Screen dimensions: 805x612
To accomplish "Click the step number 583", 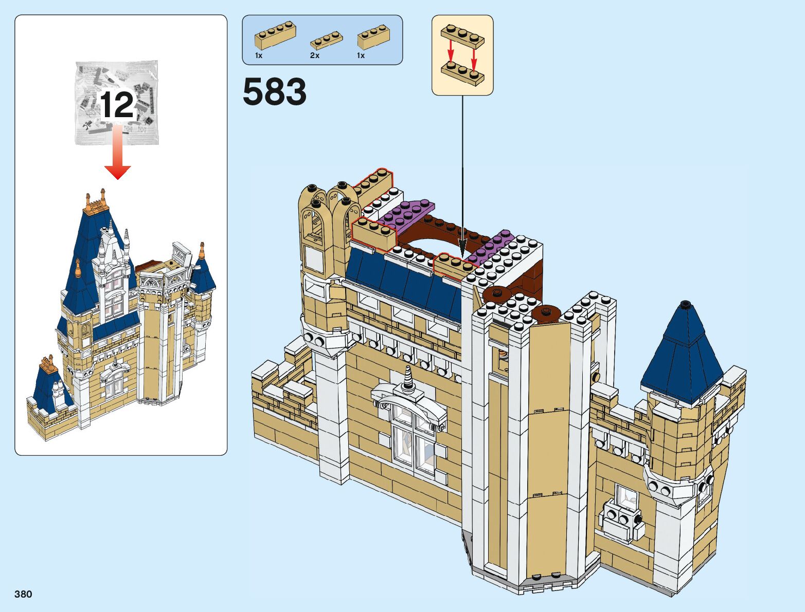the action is coord(275,92).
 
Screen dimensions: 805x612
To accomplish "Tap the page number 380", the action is coord(24,594).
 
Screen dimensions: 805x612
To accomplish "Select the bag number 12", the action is coord(117,105).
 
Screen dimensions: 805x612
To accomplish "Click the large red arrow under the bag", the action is coord(118,154).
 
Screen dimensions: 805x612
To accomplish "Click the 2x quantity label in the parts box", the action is coord(315,55).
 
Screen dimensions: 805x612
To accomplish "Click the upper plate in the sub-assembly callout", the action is coord(462,37).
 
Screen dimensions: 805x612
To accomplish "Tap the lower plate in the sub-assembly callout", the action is coord(462,72).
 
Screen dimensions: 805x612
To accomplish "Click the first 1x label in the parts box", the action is coord(259,55).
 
